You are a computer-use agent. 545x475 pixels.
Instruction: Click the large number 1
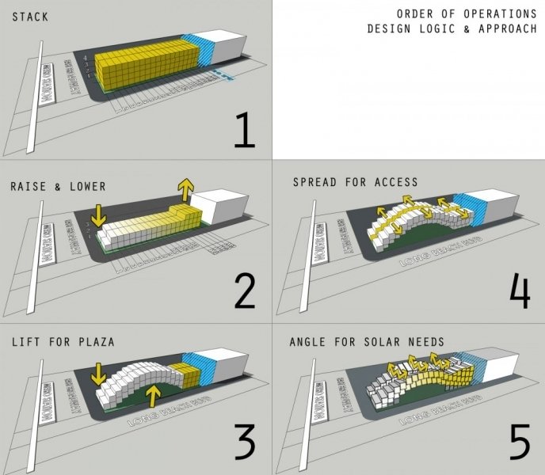(x=243, y=131)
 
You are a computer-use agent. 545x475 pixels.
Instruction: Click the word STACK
(x=29, y=15)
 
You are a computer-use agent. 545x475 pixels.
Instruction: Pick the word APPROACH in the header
(x=506, y=29)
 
